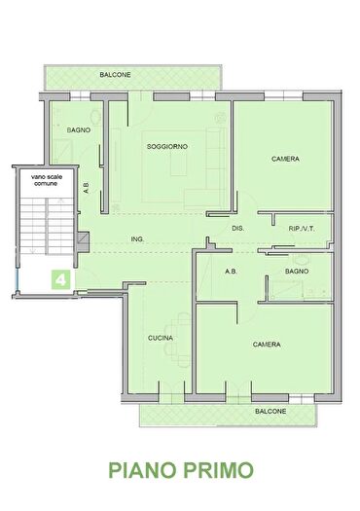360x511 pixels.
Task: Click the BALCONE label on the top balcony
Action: [x=115, y=75]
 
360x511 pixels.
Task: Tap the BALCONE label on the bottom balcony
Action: [x=270, y=412]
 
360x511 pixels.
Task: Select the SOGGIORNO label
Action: [x=167, y=147]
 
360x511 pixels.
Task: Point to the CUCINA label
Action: [x=161, y=338]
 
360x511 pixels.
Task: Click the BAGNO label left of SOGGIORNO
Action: [x=79, y=130]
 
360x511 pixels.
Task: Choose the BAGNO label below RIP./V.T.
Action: [x=297, y=272]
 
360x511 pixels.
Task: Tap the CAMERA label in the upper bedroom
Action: [x=285, y=159]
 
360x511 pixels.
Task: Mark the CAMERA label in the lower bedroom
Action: [x=267, y=345]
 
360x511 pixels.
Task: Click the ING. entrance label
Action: [x=137, y=239]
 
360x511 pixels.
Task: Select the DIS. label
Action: [x=237, y=229]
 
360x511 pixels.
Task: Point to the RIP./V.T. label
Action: [x=302, y=229]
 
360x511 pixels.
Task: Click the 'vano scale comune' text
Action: [x=47, y=180]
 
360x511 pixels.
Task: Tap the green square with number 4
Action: [x=60, y=280]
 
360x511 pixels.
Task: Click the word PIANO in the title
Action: [x=143, y=470]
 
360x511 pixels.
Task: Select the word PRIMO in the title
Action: [x=218, y=470]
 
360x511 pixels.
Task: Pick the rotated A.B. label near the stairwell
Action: [x=86, y=188]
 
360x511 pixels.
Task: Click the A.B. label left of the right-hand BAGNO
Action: [x=231, y=272]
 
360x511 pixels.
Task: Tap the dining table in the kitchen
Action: [x=183, y=339]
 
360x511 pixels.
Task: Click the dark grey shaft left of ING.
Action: [x=83, y=241]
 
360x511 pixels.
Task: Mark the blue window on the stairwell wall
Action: [x=17, y=278]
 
